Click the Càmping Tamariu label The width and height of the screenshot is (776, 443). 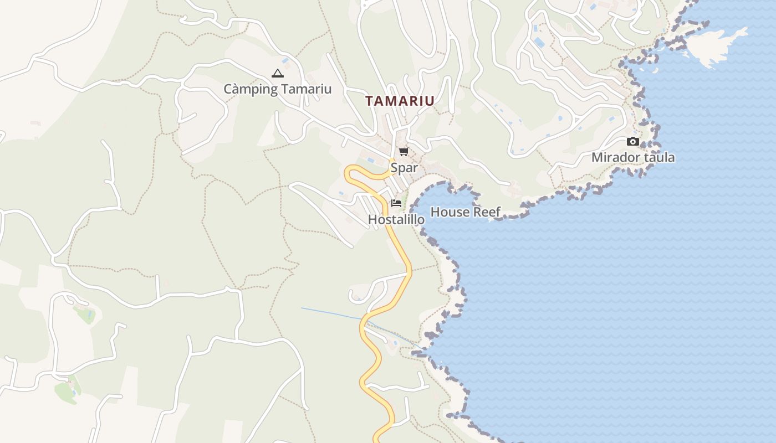click(x=277, y=89)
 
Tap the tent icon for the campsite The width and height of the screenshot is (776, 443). click(x=277, y=73)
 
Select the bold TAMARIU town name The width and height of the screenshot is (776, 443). click(x=400, y=101)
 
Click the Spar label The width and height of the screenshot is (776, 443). click(x=404, y=168)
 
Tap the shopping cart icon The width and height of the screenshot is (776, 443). click(x=404, y=151)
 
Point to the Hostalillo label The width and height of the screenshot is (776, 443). click(x=396, y=220)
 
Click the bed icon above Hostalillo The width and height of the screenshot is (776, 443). click(x=396, y=203)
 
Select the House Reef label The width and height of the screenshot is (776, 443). click(x=465, y=212)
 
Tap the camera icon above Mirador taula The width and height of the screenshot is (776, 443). click(x=633, y=142)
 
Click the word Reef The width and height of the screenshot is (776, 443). click(x=487, y=212)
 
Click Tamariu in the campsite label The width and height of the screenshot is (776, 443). click(x=306, y=89)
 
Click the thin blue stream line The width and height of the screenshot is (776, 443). click(x=333, y=314)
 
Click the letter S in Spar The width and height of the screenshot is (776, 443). click(x=394, y=168)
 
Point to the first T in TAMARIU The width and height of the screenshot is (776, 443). click(x=369, y=101)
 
